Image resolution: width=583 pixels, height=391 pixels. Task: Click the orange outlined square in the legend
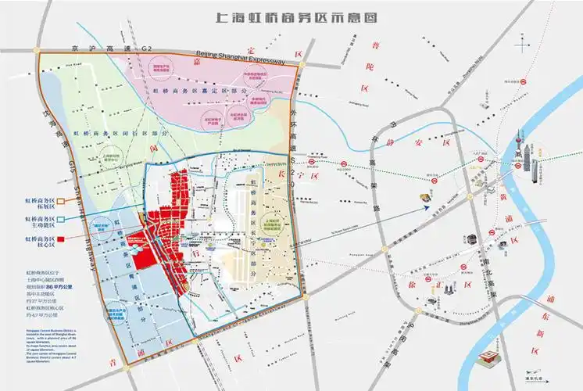(x=60, y=200)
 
